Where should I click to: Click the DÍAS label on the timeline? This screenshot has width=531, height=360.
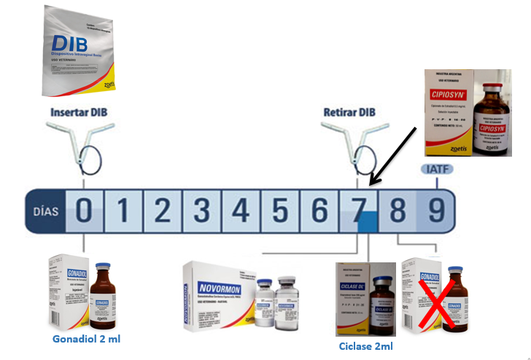[45, 211]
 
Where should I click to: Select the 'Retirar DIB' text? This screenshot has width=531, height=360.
[350, 113]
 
